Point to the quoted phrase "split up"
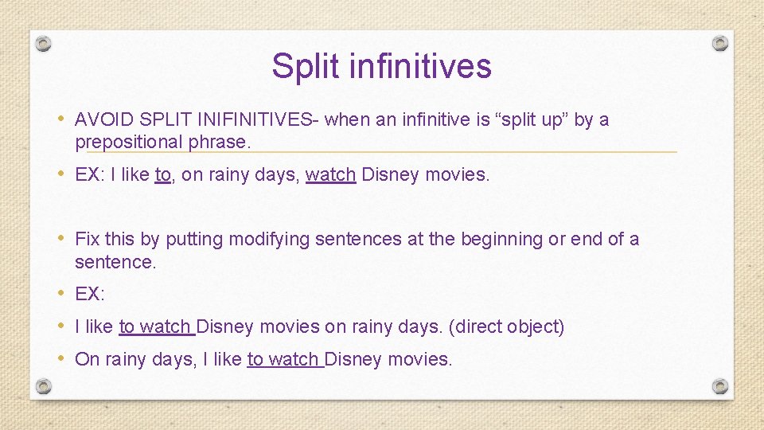pos(532,120)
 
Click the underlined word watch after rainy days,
pos(330,174)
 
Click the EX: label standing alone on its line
pos(90,294)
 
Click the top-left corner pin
pos(44,43)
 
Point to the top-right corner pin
pos(719,43)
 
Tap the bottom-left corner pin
pos(44,386)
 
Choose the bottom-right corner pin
pos(719,386)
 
